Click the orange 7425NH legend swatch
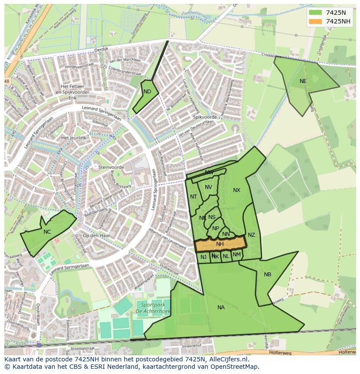click(316, 21)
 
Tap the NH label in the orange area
click(220, 244)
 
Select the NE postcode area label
click(303, 81)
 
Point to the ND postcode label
click(147, 92)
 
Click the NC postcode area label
click(47, 232)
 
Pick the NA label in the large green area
click(221, 308)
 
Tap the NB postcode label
click(267, 274)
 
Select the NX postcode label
click(237, 190)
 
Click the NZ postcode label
click(251, 235)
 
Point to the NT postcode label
click(193, 197)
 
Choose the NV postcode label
click(208, 187)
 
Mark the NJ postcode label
click(203, 257)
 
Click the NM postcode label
click(237, 255)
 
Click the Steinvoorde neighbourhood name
click(111, 167)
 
